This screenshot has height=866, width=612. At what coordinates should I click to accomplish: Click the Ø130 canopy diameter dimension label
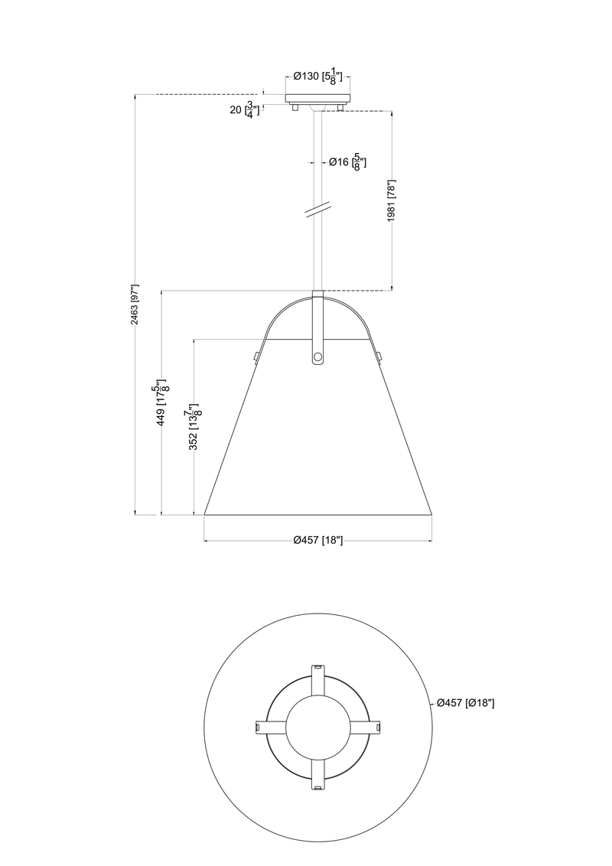317,77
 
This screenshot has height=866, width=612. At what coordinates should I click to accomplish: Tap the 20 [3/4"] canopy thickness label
245,109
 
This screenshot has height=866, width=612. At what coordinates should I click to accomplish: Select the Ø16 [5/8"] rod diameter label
347,162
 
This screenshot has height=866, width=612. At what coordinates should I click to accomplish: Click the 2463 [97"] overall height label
134,304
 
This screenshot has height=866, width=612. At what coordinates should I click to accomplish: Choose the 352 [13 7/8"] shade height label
195,428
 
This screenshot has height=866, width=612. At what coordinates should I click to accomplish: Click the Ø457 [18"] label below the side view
317,540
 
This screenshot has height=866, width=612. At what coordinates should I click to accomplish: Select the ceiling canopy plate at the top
317,99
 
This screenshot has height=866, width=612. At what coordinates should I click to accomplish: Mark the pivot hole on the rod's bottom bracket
317,356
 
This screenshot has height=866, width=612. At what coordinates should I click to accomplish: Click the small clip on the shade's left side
255,355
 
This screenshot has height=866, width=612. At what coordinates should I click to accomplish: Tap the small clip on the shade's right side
379,355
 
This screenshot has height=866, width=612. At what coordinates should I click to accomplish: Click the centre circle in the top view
317,726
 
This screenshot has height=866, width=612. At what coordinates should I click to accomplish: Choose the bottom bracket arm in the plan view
317,774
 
